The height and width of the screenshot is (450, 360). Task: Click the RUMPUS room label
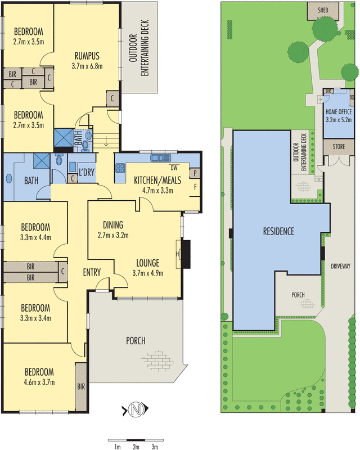pos(85,56)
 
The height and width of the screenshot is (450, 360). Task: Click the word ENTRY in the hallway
pos(92,273)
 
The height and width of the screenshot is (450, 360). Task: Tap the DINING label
pos(113,224)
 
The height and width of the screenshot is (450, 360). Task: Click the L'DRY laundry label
pos(86,171)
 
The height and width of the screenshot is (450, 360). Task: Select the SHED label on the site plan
pos(323,10)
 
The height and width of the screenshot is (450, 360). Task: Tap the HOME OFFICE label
pos(339,112)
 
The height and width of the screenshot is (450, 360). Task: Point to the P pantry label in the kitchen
pos(195,173)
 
